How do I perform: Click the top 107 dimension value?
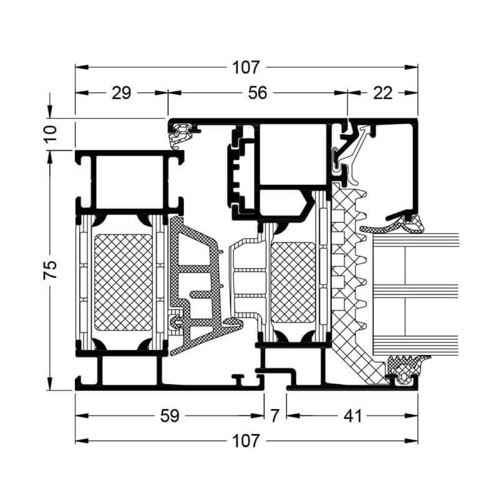(x=246, y=67)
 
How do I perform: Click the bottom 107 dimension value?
(x=246, y=441)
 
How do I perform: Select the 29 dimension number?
(x=121, y=93)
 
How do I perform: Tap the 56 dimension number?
(x=258, y=93)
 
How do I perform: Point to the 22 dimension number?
(x=382, y=93)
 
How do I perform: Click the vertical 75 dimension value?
(x=50, y=270)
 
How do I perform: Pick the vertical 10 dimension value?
(x=50, y=134)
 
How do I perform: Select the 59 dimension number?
(x=170, y=415)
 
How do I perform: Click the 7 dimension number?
(x=275, y=415)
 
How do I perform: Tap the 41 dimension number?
(x=353, y=415)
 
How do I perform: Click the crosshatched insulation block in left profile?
(x=124, y=283)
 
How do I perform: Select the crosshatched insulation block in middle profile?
(x=293, y=283)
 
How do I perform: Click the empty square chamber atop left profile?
(x=130, y=182)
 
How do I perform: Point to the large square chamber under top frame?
(x=293, y=155)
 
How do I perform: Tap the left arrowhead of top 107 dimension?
(x=82, y=67)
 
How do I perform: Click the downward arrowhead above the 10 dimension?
(x=50, y=112)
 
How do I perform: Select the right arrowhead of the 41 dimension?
(x=411, y=415)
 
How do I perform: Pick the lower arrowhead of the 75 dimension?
(x=50, y=384)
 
